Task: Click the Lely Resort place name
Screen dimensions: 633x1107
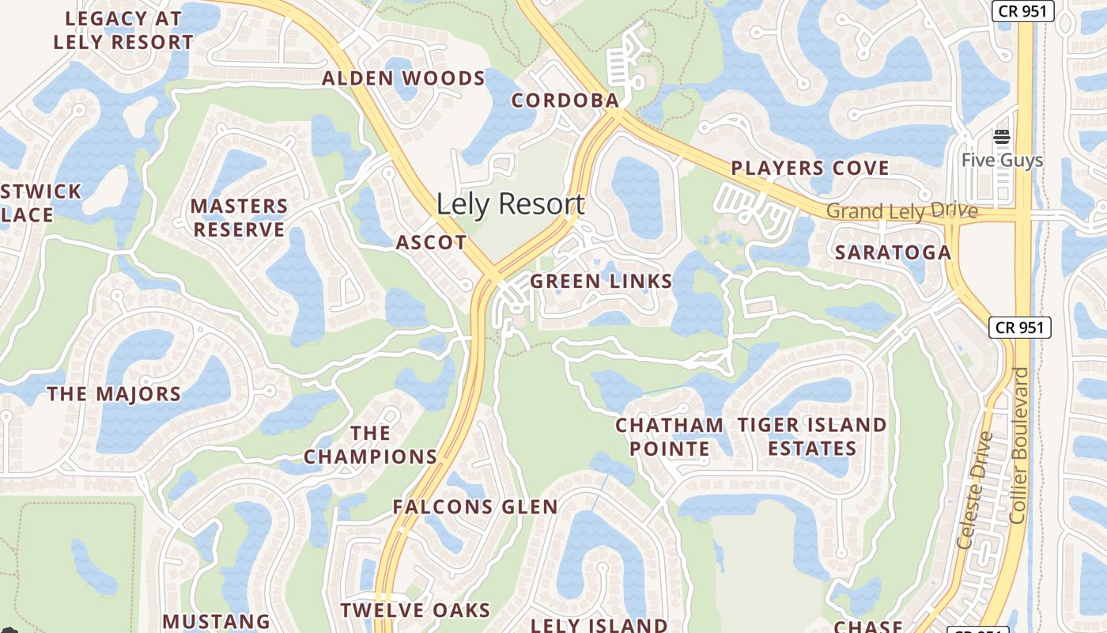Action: pyautogui.click(x=510, y=204)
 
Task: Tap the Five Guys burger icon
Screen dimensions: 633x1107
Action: pyautogui.click(x=1002, y=137)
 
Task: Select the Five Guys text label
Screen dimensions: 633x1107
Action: pyautogui.click(x=1002, y=161)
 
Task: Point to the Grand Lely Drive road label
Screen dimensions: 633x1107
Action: pyautogui.click(x=902, y=211)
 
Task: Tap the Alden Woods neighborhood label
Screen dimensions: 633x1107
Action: pyautogui.click(x=403, y=78)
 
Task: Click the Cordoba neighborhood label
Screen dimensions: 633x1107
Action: pyautogui.click(x=565, y=100)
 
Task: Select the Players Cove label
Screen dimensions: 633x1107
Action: pyautogui.click(x=810, y=168)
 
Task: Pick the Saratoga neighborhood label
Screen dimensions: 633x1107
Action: pyautogui.click(x=893, y=252)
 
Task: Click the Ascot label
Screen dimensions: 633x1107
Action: pyautogui.click(x=431, y=243)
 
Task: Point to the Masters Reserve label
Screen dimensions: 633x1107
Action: pyautogui.click(x=239, y=218)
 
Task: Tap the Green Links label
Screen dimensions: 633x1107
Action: pyautogui.click(x=601, y=281)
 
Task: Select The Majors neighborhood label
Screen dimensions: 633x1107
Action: pyautogui.click(x=114, y=394)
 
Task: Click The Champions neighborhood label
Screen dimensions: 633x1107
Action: pyautogui.click(x=370, y=445)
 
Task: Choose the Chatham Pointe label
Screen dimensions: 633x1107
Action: pyautogui.click(x=669, y=437)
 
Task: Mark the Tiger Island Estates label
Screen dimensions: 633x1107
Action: pyautogui.click(x=812, y=437)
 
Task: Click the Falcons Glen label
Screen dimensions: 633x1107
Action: pyautogui.click(x=475, y=507)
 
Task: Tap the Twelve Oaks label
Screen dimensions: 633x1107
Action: pyautogui.click(x=415, y=610)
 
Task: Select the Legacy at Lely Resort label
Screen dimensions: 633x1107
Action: pyautogui.click(x=123, y=30)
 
